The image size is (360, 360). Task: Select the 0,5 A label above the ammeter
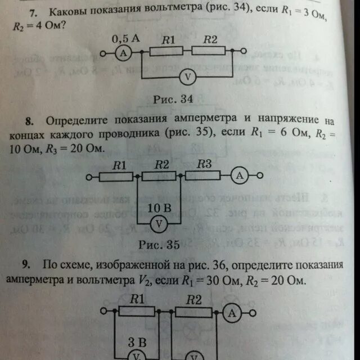tap(125, 39)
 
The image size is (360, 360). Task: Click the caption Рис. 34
tap(173, 99)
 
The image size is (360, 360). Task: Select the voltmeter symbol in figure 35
tap(159, 223)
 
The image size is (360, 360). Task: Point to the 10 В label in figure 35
tap(159, 208)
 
